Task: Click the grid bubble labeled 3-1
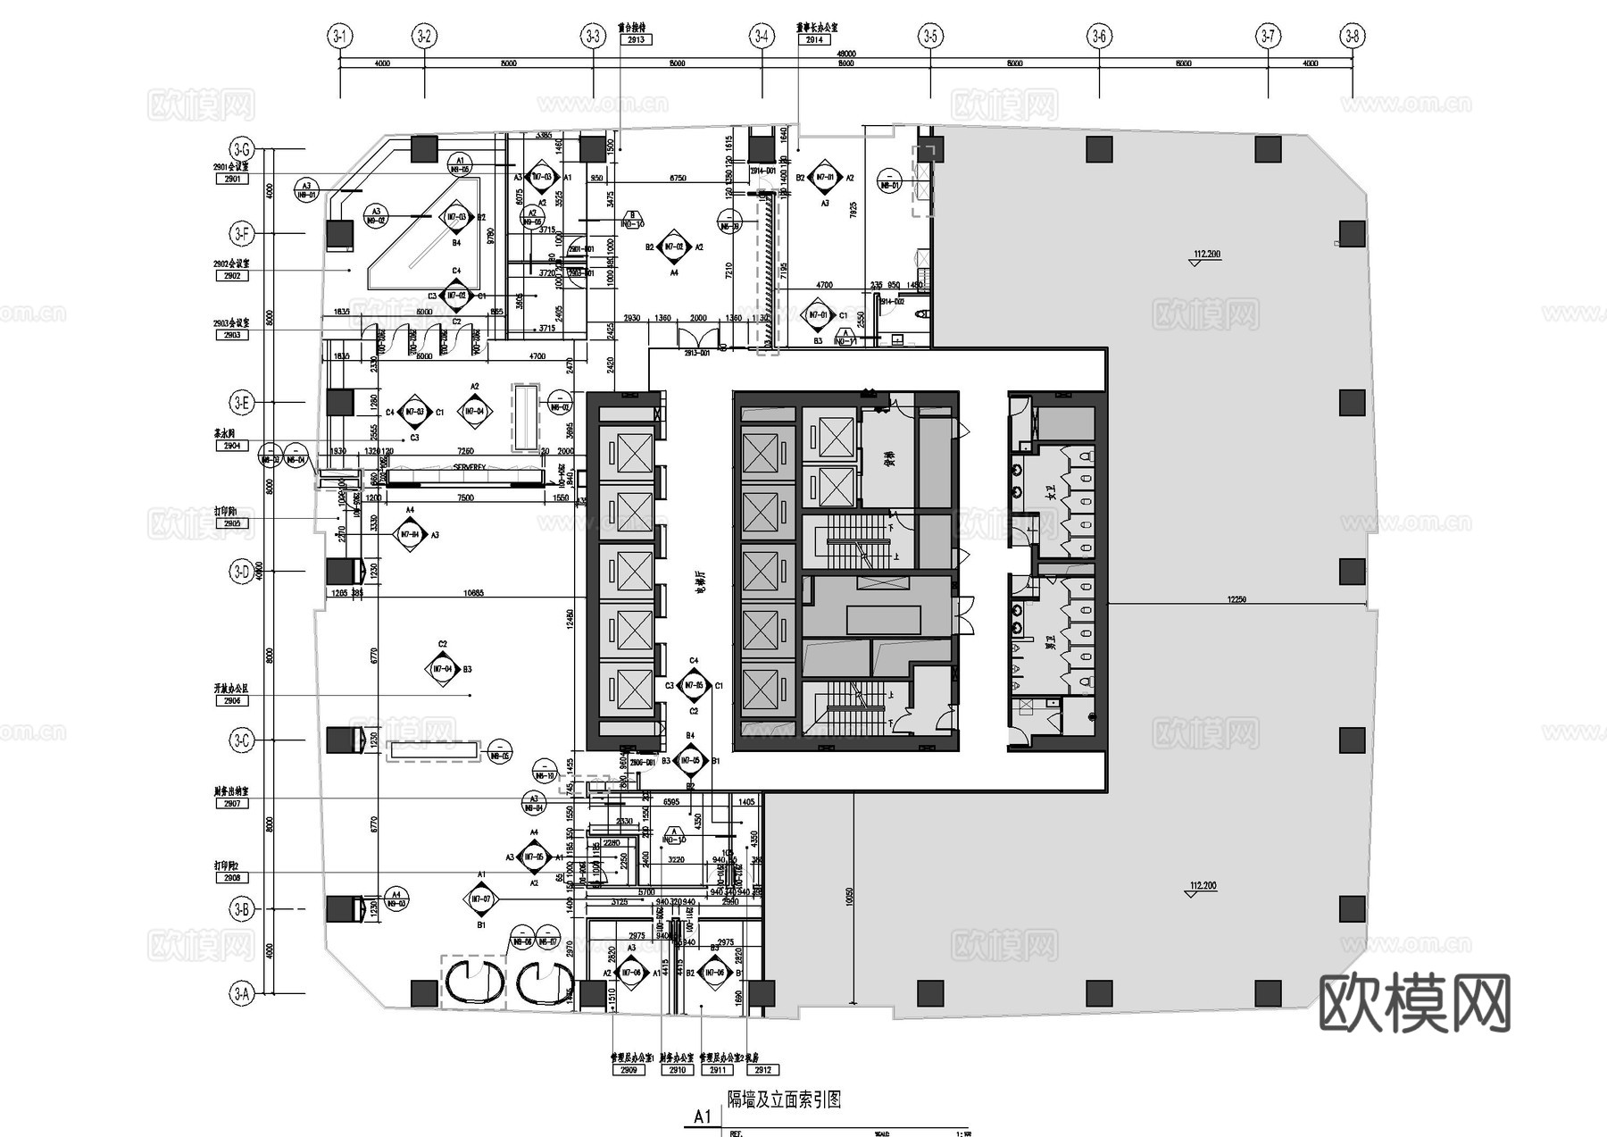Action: click(x=340, y=37)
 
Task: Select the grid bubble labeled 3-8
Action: click(x=1353, y=37)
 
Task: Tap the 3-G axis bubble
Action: click(x=241, y=149)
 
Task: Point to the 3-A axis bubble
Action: click(x=241, y=993)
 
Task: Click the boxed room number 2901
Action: click(x=232, y=180)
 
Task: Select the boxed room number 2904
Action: click(x=232, y=446)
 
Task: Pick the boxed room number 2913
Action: click(x=636, y=40)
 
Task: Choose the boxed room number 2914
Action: click(x=814, y=40)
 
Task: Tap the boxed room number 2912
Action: click(x=762, y=1070)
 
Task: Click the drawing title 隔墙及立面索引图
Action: click(x=784, y=1099)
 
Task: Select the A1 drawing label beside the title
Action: click(x=703, y=1116)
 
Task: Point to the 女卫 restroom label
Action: click(x=1051, y=490)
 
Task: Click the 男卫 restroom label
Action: click(x=1051, y=642)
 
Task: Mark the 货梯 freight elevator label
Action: click(x=889, y=459)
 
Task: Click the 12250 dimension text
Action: click(x=1236, y=600)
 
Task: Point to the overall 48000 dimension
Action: click(x=845, y=54)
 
